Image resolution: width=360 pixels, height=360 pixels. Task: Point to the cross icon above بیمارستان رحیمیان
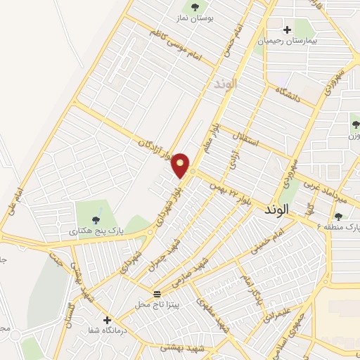tap(287, 30)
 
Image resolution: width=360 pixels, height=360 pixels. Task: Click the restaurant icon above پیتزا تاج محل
tap(157, 293)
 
